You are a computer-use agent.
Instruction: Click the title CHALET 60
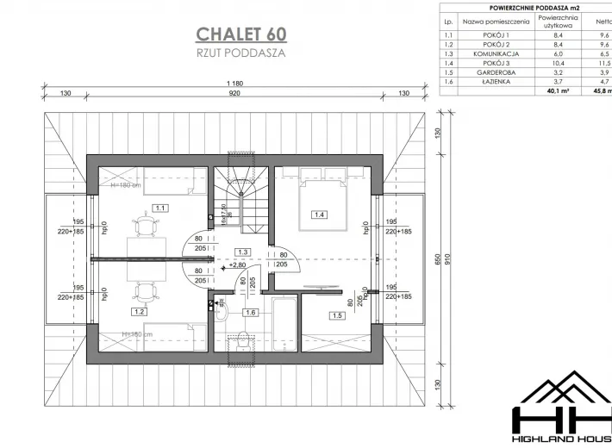click(241, 34)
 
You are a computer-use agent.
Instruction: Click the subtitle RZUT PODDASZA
click(240, 53)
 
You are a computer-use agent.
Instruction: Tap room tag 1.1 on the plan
click(161, 208)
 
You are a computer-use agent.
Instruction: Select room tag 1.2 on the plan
click(139, 312)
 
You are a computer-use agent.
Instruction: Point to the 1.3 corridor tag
click(244, 252)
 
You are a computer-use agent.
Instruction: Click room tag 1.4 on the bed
click(320, 214)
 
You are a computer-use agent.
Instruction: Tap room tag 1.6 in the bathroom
click(251, 312)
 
